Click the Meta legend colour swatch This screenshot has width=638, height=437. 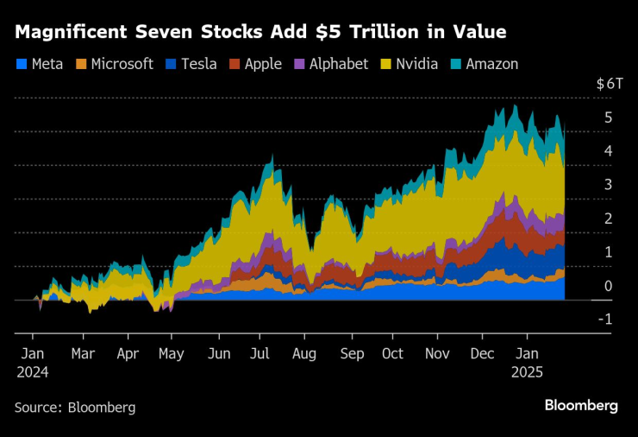click(22, 65)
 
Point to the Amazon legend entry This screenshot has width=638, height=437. click(489, 64)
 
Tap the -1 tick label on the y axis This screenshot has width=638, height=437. click(606, 320)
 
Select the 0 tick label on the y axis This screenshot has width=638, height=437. click(609, 286)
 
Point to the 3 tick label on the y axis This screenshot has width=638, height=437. click(609, 185)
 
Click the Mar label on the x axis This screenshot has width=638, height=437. click(83, 353)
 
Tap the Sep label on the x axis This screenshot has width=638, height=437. click(352, 353)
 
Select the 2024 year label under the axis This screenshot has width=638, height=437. click(33, 372)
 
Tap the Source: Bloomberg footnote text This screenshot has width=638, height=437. click(75, 406)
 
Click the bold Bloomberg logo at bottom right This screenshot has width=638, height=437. click(581, 405)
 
